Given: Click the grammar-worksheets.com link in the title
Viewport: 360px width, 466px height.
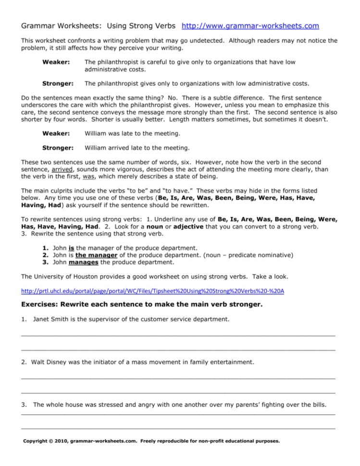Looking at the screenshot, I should coord(251,25).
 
